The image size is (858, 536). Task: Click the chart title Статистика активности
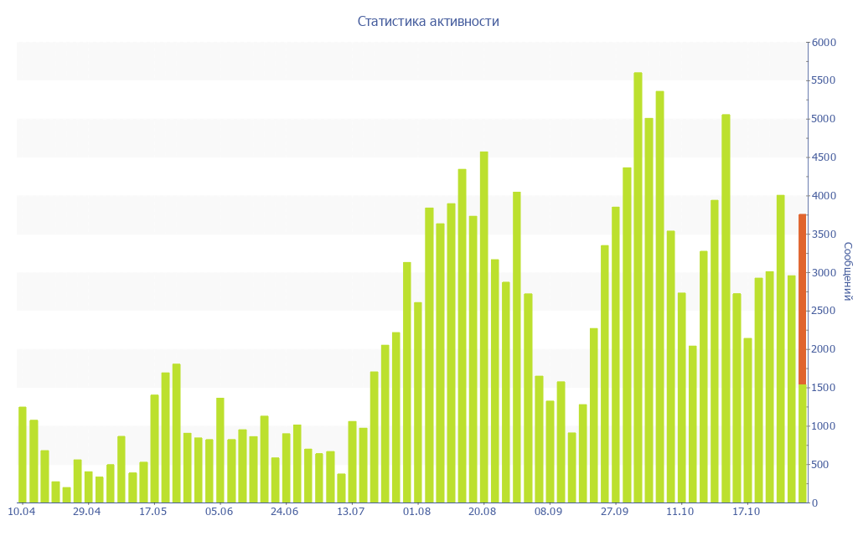[x=428, y=22]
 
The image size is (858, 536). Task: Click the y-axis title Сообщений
[x=847, y=271]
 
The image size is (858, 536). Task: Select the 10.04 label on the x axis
[x=21, y=512]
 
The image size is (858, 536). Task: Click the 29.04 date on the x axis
[x=87, y=512]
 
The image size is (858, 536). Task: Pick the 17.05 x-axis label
[x=153, y=512]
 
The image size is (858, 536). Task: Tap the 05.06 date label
[x=219, y=512]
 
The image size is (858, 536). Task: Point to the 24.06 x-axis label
[x=285, y=512]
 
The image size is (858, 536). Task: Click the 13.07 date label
[x=351, y=512]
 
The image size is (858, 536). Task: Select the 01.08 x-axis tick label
[x=416, y=512]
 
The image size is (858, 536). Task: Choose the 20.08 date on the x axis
[x=483, y=512]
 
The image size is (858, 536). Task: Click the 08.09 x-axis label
[x=549, y=512]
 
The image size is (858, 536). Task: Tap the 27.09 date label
[x=614, y=512]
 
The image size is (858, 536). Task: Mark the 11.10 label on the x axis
[x=680, y=512]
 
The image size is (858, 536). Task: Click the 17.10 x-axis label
[x=747, y=512]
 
